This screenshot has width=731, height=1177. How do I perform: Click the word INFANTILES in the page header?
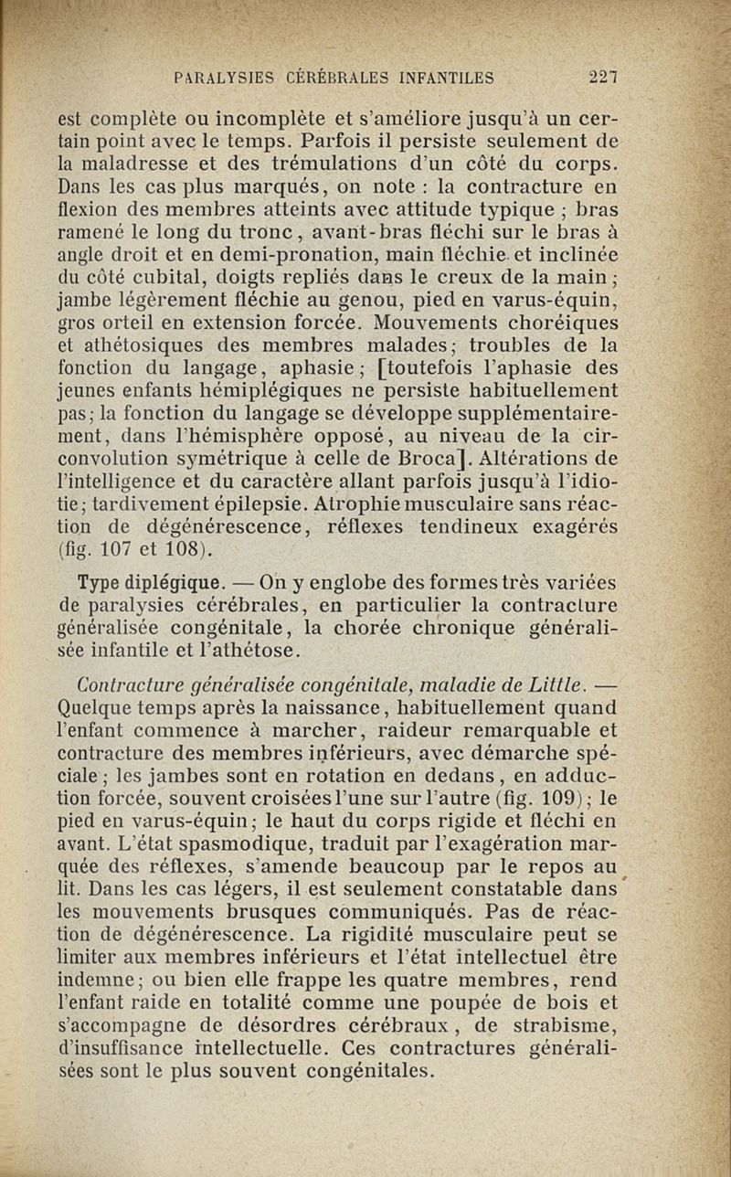tap(435, 77)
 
